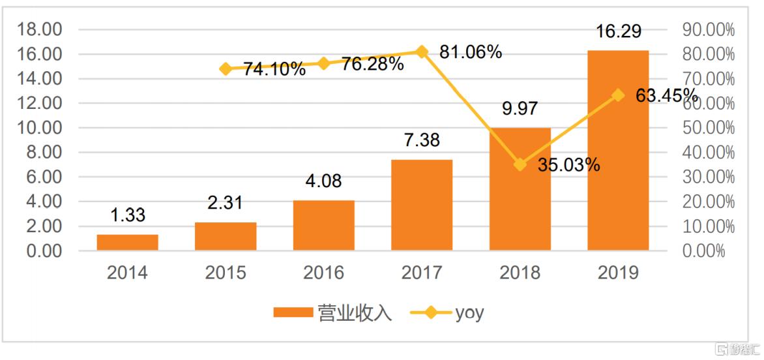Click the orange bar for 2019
tap(618, 150)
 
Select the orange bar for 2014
tap(128, 242)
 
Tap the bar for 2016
tap(324, 225)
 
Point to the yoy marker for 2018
tap(520, 164)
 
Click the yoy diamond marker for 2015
tap(226, 68)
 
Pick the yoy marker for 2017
tap(422, 52)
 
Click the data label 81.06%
tap(471, 52)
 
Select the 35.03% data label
tap(568, 165)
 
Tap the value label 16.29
tap(619, 31)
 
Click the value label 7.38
tap(422, 140)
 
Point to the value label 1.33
tap(128, 215)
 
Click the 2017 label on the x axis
tap(422, 272)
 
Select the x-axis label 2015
tap(226, 272)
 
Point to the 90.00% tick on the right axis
tap(709, 30)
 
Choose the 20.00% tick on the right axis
tap(709, 202)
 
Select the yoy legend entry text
tap(470, 313)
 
